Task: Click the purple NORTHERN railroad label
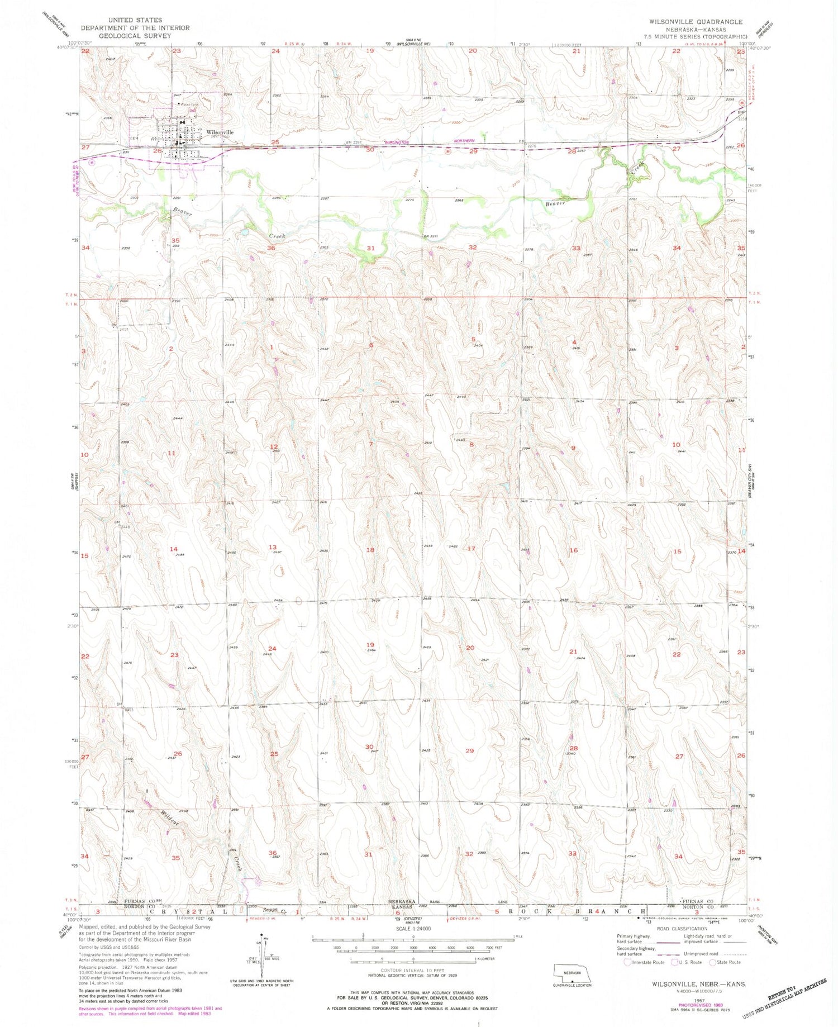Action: coord(463,141)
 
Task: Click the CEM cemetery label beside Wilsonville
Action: coord(134,139)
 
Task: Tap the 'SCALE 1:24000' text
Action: coord(413,928)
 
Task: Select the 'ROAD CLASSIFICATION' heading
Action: coord(681,929)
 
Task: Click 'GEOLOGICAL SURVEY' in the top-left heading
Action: coord(135,35)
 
